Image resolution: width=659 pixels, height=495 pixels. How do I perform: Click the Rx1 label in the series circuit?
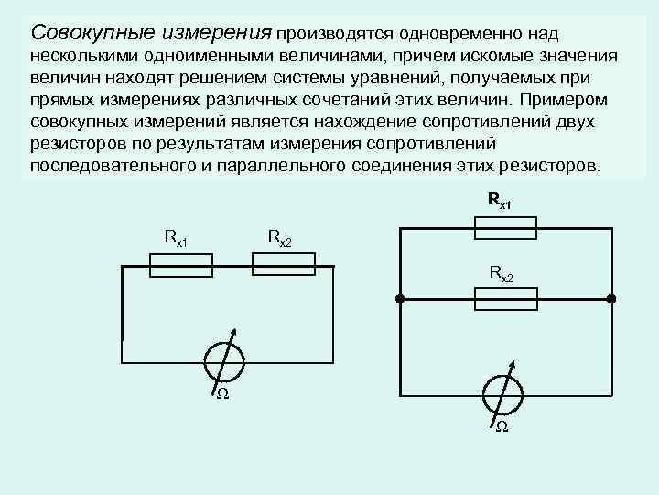(x=176, y=238)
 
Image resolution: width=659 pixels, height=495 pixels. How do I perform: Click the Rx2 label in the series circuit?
(x=280, y=238)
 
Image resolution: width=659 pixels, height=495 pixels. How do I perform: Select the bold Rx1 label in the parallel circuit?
(x=500, y=199)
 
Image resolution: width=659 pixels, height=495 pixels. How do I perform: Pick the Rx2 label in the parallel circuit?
(x=502, y=272)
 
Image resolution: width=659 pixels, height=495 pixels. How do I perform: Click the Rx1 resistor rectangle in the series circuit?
(x=180, y=265)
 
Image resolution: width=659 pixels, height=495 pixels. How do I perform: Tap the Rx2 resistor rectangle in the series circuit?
(x=283, y=265)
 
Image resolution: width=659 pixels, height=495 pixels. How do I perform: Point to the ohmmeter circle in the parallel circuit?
(x=502, y=394)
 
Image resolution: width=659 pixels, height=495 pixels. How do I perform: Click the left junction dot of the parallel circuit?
(x=400, y=299)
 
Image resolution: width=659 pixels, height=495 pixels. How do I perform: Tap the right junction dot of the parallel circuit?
(x=611, y=299)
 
